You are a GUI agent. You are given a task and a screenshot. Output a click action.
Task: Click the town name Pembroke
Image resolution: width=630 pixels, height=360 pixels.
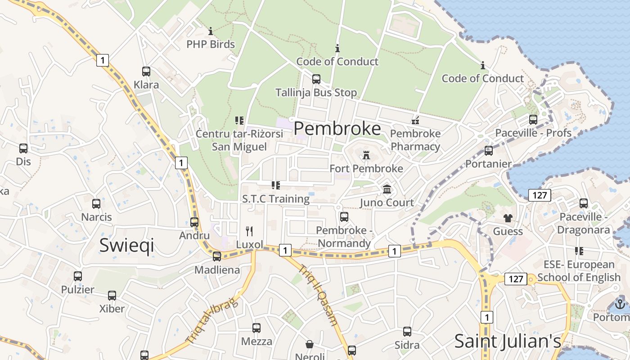click(337, 129)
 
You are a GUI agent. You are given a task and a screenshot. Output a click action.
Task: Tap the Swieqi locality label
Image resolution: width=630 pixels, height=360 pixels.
click(126, 245)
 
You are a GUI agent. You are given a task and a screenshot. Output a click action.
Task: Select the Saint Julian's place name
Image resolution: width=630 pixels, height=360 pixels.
click(508, 341)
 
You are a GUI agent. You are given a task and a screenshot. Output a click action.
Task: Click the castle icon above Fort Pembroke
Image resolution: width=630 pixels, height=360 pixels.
click(366, 155)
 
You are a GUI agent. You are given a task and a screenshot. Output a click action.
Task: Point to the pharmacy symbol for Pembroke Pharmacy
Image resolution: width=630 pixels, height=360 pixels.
click(415, 120)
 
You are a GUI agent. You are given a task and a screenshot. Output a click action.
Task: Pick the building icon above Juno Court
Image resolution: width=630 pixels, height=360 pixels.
click(387, 189)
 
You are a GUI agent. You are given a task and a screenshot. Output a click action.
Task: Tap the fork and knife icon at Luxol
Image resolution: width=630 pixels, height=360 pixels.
click(249, 231)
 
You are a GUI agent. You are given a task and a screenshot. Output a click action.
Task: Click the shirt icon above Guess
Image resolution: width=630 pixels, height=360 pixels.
click(508, 218)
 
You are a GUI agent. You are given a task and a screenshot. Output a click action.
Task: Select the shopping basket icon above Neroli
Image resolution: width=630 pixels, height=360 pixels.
click(310, 344)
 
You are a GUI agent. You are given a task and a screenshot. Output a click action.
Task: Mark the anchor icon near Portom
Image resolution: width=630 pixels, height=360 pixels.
click(620, 304)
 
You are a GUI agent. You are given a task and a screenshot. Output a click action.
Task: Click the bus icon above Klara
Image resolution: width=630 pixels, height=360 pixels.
click(146, 72)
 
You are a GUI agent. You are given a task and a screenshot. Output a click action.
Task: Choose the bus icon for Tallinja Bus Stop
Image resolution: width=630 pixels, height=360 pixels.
click(316, 79)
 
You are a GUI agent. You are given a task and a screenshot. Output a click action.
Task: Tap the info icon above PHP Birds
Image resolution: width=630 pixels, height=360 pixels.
click(211, 31)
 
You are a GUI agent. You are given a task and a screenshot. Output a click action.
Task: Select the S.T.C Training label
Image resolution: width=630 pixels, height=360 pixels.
click(276, 199)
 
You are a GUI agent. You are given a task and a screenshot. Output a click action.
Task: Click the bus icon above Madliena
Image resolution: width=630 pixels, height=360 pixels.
click(217, 256)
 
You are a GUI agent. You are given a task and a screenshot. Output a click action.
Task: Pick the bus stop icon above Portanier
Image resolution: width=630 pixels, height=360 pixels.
click(489, 151)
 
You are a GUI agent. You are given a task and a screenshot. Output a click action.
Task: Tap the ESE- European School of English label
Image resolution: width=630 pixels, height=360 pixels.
click(579, 271)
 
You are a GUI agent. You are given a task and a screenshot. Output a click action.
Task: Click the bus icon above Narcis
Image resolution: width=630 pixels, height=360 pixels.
click(96, 204)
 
